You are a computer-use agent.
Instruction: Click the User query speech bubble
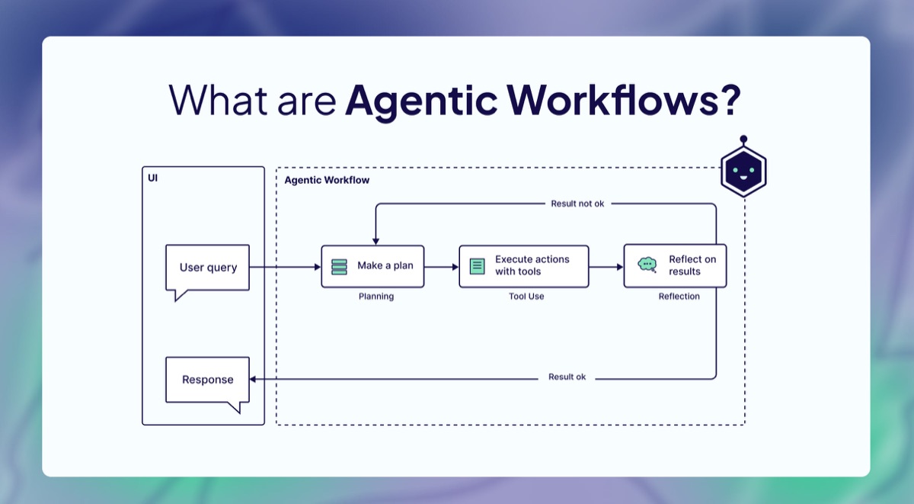208,268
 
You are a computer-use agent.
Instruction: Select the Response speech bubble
208,380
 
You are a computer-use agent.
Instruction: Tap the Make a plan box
372,266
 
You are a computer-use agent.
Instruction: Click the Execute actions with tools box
524,266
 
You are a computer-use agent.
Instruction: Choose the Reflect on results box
675,266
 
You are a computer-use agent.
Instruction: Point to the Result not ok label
577,204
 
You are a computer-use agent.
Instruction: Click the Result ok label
567,377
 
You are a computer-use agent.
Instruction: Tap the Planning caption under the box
376,297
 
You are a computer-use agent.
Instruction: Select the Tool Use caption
526,297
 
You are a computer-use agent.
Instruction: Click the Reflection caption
679,297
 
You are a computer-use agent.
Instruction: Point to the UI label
153,178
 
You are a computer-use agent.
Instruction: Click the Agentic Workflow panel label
327,181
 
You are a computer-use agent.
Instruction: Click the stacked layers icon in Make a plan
339,267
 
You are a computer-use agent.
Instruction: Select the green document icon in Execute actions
478,266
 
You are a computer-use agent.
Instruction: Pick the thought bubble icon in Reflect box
647,265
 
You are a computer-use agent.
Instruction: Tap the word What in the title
210,100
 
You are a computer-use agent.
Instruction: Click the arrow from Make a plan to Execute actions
441,267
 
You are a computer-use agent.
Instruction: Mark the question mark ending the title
730,100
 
